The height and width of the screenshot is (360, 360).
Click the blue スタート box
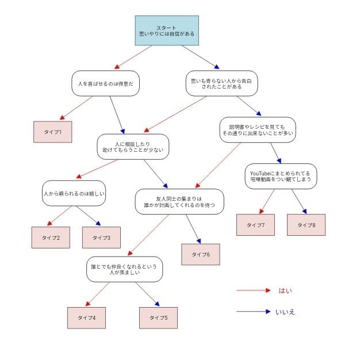(x=167, y=30)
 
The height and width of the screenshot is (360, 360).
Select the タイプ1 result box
(x=53, y=132)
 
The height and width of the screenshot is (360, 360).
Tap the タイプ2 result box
(x=51, y=237)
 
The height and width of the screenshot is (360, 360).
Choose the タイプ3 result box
(x=101, y=237)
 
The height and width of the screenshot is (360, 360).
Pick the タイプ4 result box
(x=86, y=317)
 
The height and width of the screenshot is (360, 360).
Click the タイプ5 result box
(x=158, y=317)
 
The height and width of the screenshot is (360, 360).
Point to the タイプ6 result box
(x=201, y=254)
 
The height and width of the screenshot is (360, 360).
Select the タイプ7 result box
(x=255, y=224)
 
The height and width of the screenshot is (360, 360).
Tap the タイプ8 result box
(x=306, y=224)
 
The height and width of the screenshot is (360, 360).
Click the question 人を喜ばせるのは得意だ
(x=106, y=83)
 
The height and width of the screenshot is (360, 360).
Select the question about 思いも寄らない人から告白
(x=221, y=83)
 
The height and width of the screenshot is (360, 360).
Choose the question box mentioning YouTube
(x=281, y=175)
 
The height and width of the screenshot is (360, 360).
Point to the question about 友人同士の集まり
(x=179, y=201)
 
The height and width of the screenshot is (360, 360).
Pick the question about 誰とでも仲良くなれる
(x=125, y=269)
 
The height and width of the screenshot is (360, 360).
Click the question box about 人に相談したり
(x=133, y=147)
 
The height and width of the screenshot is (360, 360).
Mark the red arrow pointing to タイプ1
(x=76, y=109)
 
